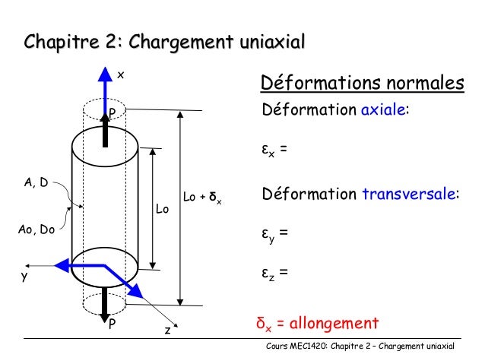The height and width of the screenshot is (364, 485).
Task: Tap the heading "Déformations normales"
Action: pos(362,82)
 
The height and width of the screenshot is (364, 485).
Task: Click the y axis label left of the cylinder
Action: pos(24,277)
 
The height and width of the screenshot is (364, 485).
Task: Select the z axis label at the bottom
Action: pos(168,331)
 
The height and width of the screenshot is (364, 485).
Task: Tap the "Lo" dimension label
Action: pos(162,208)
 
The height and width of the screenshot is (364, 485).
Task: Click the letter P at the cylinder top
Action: pos(112,114)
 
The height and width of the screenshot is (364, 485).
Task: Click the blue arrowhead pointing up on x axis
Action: pos(105,75)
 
